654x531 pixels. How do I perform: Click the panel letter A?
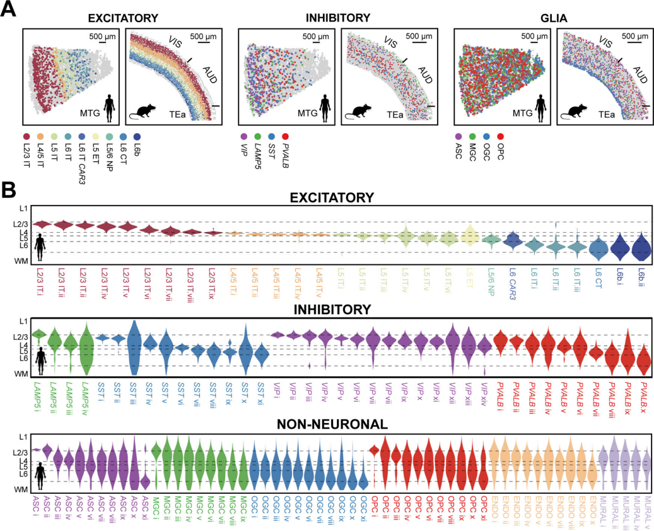[x=8, y=11]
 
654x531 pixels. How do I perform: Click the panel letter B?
[x=8, y=188]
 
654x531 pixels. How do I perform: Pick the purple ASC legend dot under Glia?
[x=458, y=136]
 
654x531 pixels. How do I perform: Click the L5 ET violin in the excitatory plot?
[x=469, y=236]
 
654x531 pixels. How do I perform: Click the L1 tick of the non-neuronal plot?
[x=23, y=436]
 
